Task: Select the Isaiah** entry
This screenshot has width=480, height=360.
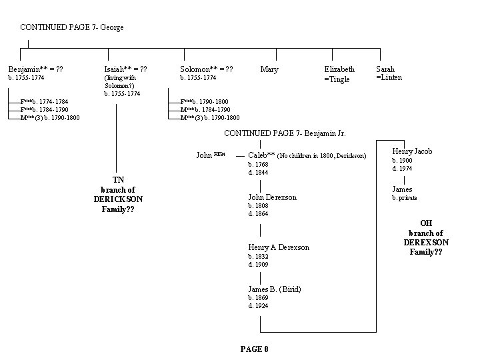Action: [x=118, y=69]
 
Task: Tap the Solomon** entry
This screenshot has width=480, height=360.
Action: [x=198, y=69]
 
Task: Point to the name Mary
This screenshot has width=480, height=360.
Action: [x=269, y=69]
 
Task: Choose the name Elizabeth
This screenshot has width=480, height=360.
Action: [x=339, y=69]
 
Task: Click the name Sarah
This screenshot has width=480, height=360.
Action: [x=385, y=69]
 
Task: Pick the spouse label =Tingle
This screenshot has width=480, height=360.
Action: [x=337, y=79]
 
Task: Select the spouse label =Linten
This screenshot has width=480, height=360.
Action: [x=389, y=77]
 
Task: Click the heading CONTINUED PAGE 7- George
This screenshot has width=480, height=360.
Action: [x=72, y=27]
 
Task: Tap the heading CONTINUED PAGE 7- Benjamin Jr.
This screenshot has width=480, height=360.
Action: [x=285, y=133]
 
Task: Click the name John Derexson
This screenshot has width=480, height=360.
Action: [x=272, y=197]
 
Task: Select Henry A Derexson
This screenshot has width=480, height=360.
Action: [x=279, y=247]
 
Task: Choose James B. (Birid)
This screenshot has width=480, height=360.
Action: [x=274, y=289]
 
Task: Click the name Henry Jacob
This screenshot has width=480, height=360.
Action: [x=412, y=151]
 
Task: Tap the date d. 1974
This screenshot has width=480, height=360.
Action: [x=401, y=169]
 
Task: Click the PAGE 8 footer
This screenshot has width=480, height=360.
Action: [x=254, y=349]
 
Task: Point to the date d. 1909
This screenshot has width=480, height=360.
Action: [x=257, y=264]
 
